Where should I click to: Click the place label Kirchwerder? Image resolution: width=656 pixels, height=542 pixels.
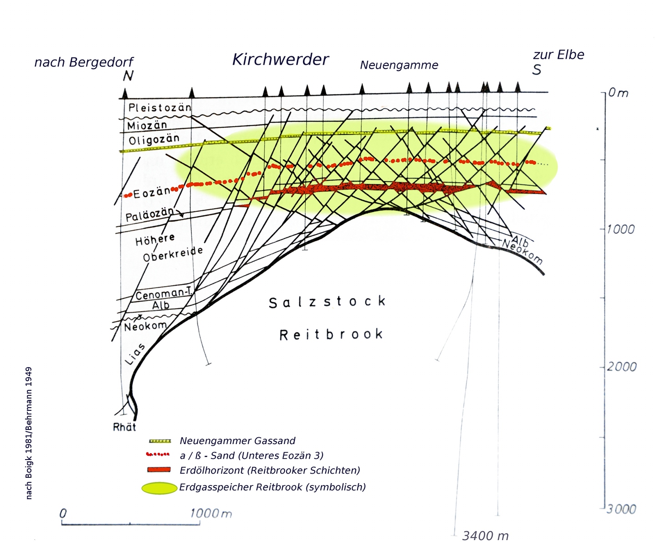click(280, 60)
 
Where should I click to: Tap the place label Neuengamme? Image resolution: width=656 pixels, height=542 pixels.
click(399, 65)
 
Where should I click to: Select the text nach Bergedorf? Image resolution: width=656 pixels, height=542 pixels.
click(84, 62)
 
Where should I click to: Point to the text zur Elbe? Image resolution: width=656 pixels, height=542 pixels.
click(559, 55)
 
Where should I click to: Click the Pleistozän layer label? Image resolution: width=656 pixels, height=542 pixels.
click(159, 108)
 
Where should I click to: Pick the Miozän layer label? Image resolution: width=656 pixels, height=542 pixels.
click(147, 125)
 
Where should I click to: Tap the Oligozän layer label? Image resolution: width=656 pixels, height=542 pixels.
click(154, 139)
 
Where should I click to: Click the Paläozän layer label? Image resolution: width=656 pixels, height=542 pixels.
click(149, 214)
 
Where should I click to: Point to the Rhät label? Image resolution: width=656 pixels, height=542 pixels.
click(124, 427)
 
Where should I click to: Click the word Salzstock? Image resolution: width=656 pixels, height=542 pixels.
click(327, 302)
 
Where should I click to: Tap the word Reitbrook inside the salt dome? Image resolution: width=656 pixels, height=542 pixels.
click(331, 335)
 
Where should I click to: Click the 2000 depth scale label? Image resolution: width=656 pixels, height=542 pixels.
click(621, 367)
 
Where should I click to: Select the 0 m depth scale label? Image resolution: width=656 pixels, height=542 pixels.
click(618, 93)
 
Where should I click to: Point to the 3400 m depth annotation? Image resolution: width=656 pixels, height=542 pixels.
click(485, 536)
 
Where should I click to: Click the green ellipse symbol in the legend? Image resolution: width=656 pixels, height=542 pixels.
click(159, 488)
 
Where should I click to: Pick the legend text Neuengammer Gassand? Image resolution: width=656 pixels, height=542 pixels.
click(237, 441)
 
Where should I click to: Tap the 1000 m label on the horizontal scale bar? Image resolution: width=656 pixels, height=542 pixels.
click(211, 514)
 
